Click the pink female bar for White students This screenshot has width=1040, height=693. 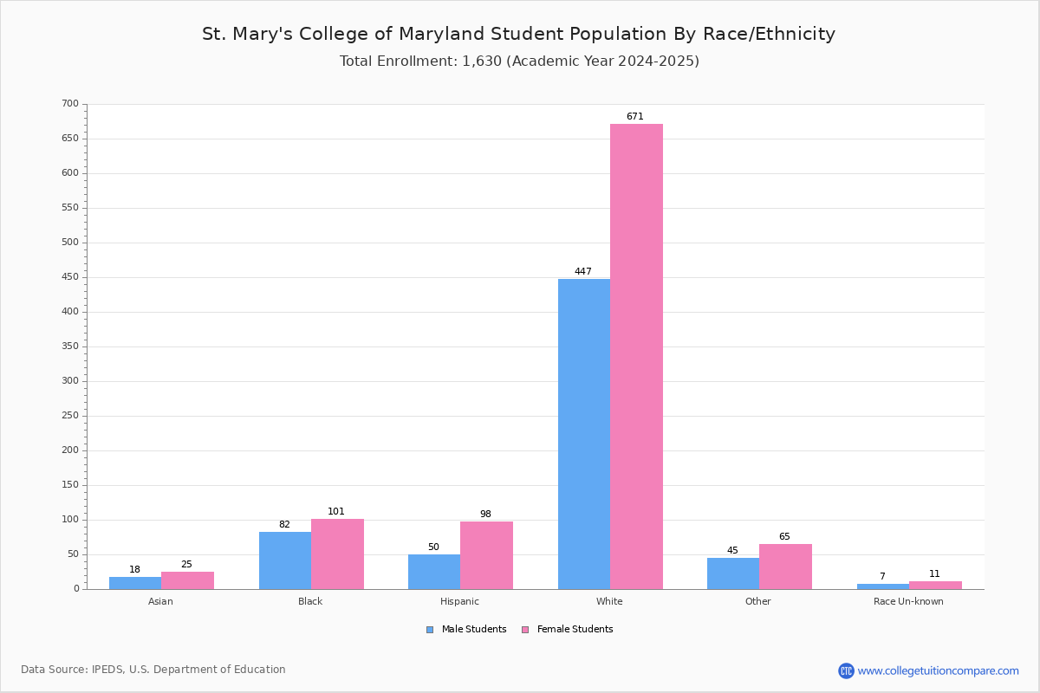tap(636, 357)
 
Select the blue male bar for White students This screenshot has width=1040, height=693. tap(584, 434)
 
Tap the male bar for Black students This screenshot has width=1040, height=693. tap(285, 560)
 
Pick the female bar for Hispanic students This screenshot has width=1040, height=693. tap(486, 555)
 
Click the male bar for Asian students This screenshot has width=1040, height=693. tap(135, 583)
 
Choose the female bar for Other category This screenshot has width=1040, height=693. tap(785, 567)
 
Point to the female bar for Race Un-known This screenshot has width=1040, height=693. tap(935, 586)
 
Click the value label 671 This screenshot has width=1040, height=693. tap(635, 116)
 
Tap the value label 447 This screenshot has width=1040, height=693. tap(583, 271)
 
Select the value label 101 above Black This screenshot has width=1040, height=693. tap(336, 511)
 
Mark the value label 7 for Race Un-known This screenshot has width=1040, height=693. tap(882, 576)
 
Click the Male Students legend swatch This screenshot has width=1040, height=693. tap(430, 630)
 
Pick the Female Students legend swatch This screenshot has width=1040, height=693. tap(525, 630)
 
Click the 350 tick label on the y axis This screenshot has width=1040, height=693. tap(70, 346)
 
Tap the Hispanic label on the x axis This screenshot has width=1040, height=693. tap(459, 601)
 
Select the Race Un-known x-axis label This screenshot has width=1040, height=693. tap(908, 601)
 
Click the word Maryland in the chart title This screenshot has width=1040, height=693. tap(440, 34)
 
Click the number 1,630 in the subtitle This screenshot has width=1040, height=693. tap(482, 61)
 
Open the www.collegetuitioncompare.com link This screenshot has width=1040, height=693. tap(938, 670)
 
